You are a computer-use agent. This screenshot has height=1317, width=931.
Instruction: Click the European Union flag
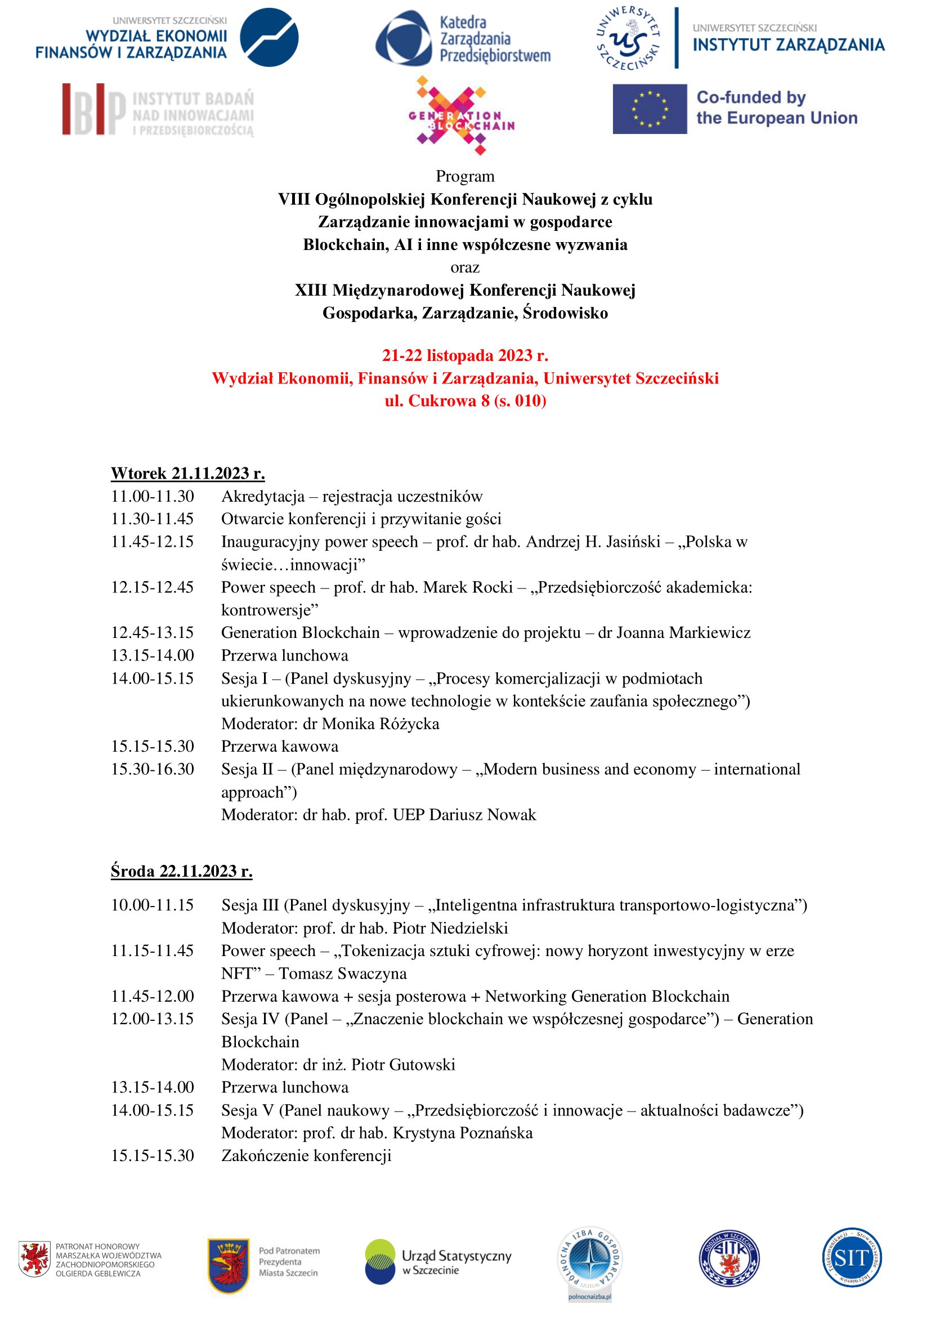[649, 109]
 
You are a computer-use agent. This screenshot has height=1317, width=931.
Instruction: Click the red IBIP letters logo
[93, 109]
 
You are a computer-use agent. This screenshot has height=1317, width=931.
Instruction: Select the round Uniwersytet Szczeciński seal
[628, 38]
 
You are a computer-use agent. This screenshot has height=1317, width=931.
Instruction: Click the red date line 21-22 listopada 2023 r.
[465, 356]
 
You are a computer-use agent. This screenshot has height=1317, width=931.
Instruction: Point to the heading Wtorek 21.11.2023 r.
[187, 473]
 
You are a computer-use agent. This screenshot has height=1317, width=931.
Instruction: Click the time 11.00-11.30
[153, 496]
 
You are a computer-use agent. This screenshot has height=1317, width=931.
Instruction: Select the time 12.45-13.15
[153, 632]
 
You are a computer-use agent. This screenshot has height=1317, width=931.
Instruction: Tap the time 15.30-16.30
[153, 769]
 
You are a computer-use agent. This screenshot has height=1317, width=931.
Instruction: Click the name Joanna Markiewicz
[683, 632]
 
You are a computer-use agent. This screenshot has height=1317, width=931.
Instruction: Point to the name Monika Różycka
[381, 724]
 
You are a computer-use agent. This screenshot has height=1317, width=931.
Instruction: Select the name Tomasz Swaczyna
[343, 973]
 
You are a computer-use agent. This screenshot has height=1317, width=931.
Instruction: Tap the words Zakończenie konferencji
[306, 1155]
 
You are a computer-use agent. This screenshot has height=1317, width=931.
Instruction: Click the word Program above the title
[465, 176]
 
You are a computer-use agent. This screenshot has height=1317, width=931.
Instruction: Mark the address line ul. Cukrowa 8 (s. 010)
[465, 400]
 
